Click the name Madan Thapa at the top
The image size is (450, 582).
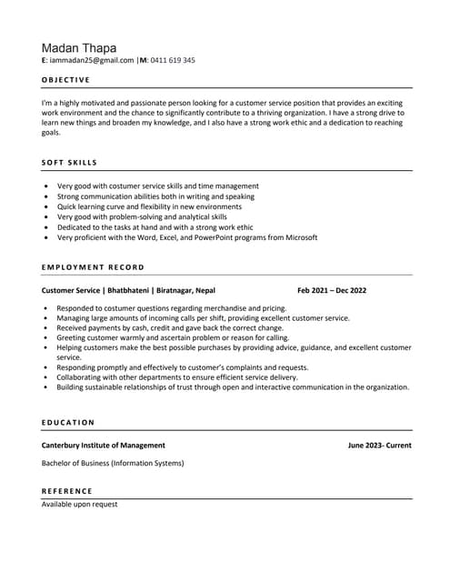(78, 46)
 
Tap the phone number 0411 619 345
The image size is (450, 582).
(173, 60)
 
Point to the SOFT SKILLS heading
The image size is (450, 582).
(69, 163)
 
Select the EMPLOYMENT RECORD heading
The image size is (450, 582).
(93, 267)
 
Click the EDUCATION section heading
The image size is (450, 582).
(68, 422)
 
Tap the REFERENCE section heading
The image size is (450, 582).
(66, 491)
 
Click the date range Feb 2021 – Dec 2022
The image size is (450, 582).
(332, 290)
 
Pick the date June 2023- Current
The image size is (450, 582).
(379, 446)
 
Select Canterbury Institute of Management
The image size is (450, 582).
(104, 446)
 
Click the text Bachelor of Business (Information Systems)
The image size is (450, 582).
(113, 463)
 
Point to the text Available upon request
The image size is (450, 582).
(79, 504)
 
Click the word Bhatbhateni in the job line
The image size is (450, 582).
(129, 290)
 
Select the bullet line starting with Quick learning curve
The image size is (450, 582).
(145, 206)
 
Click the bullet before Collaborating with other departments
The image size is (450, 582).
(45, 377)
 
